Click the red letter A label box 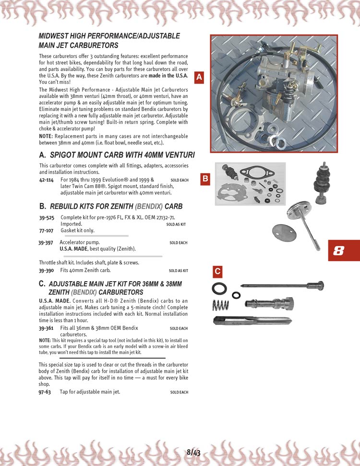200,77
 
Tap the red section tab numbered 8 344,251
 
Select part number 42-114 46,179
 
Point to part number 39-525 46,217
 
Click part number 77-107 46,230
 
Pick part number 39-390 46,270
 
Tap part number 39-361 46,328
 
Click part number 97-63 45,392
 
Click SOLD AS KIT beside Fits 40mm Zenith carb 178,271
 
